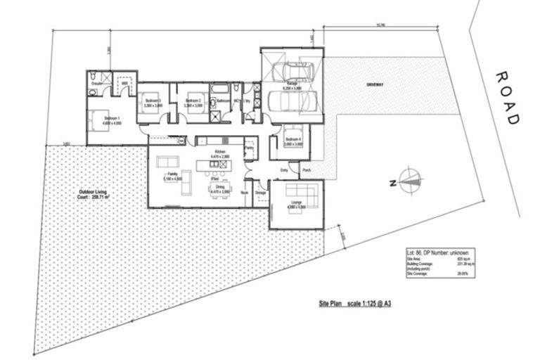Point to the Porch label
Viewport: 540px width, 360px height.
(x=306, y=169)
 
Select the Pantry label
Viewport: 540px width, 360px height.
(x=249, y=148)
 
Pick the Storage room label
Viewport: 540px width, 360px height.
(x=260, y=192)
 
